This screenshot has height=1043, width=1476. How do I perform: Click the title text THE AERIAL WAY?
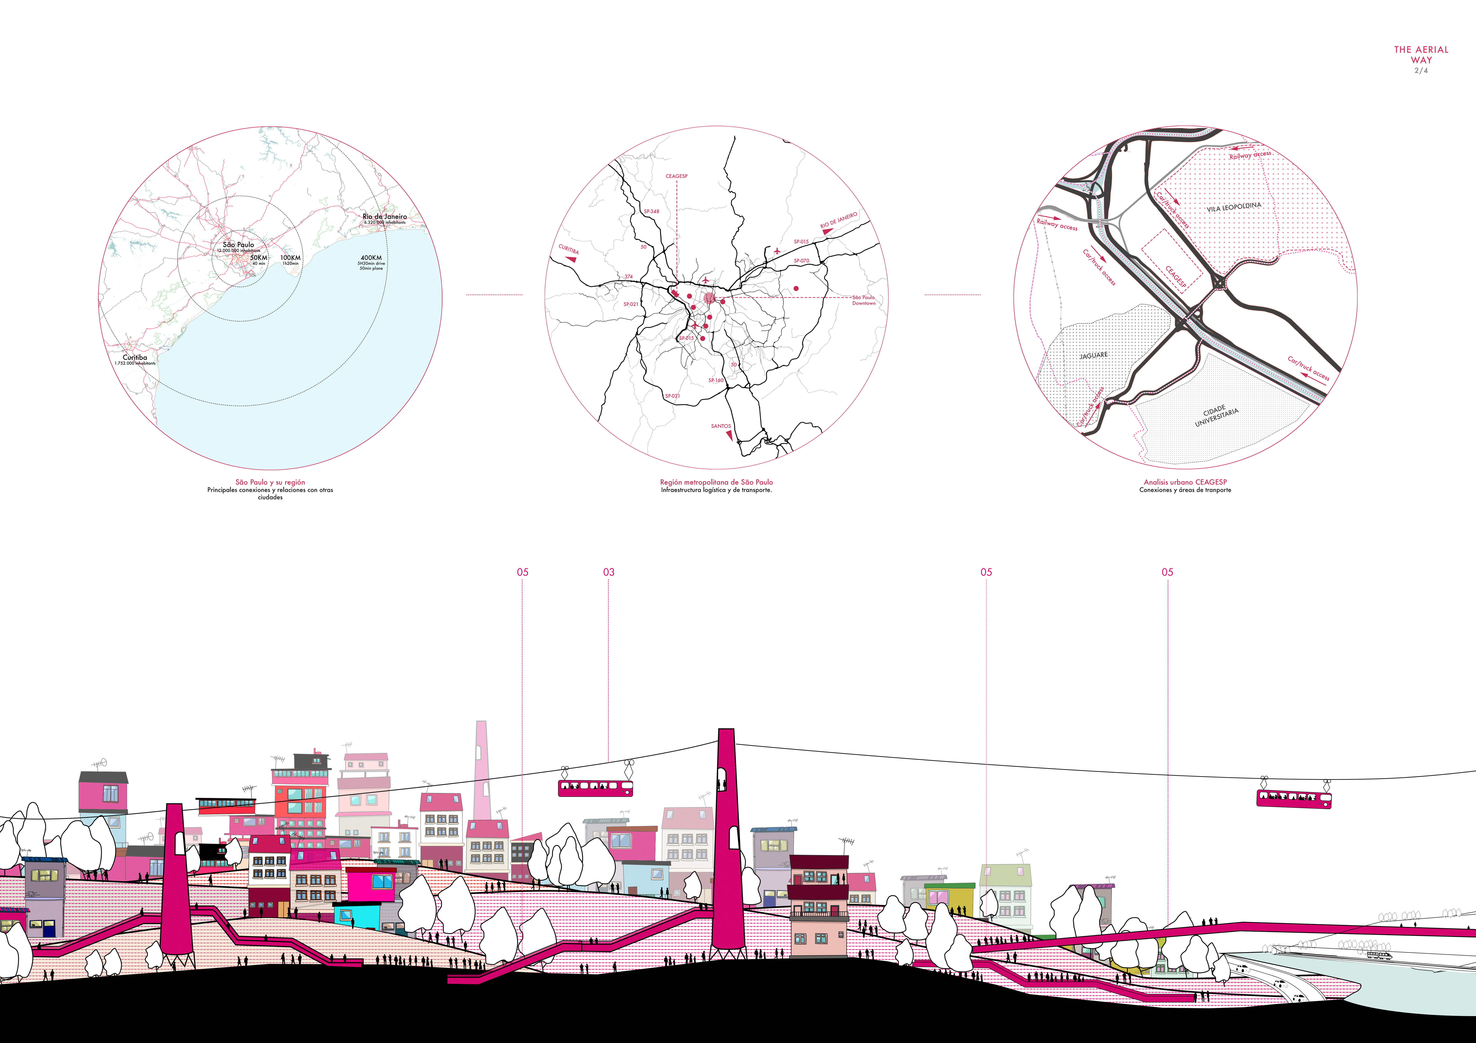point(1421,55)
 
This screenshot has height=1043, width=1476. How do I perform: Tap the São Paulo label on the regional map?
point(239,245)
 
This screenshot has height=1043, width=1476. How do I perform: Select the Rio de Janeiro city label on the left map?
point(384,217)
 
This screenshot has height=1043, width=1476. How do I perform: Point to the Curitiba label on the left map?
point(135,357)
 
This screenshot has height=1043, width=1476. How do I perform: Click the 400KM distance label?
point(371,258)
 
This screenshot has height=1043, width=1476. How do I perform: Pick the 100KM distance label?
point(290,258)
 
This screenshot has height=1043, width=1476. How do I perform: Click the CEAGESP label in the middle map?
point(676,176)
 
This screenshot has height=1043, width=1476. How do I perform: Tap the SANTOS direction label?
point(721,426)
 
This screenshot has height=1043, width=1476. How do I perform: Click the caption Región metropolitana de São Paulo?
point(716,482)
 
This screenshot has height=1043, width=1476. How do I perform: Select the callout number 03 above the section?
point(608,572)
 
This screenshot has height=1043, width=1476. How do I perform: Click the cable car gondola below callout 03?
point(595,788)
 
